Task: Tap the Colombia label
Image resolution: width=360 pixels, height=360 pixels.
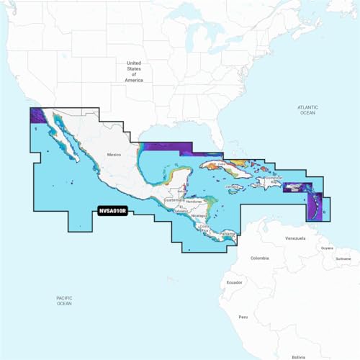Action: click(x=260, y=258)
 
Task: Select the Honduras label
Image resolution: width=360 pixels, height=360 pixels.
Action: click(x=193, y=202)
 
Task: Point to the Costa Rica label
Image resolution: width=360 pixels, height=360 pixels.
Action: click(x=207, y=228)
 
